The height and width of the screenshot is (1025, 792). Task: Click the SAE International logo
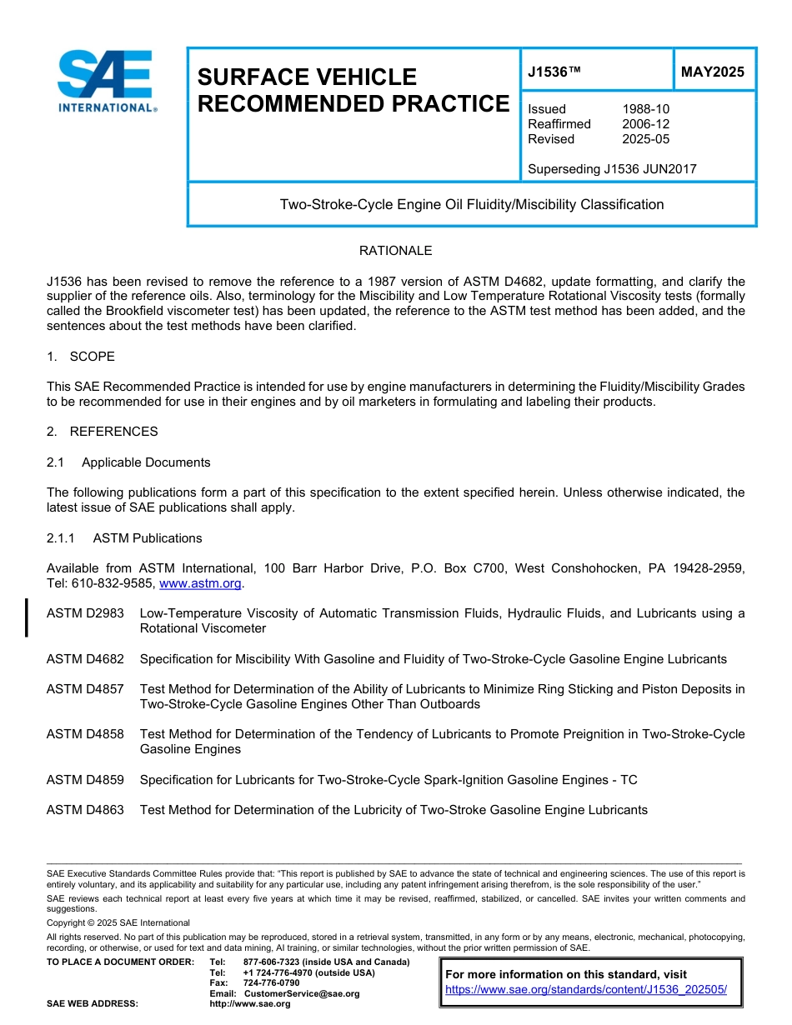click(107, 81)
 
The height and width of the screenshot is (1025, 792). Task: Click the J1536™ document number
click(554, 72)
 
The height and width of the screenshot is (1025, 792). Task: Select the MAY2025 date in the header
click(712, 72)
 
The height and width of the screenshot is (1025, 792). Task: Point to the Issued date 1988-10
click(645, 109)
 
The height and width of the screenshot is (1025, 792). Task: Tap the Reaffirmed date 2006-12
click(645, 124)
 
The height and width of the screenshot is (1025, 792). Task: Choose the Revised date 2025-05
click(645, 139)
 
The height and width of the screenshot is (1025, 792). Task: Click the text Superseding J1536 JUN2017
click(612, 169)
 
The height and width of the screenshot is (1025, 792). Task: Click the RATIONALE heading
click(395, 251)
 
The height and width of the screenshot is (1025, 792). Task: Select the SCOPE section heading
click(92, 357)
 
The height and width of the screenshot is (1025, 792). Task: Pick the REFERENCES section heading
click(113, 432)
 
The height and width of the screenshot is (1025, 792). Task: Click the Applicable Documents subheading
click(146, 462)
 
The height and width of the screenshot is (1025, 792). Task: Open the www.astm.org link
click(199, 584)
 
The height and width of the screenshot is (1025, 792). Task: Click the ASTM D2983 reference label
click(85, 613)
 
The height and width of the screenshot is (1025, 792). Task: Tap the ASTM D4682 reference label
click(85, 659)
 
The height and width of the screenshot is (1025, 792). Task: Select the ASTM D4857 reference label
click(85, 689)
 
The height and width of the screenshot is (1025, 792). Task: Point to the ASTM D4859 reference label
click(85, 780)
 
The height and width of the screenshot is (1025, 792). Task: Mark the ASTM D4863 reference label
click(85, 810)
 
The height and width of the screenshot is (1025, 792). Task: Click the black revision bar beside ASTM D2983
click(27, 617)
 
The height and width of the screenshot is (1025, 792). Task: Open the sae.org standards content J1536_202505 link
click(586, 990)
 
